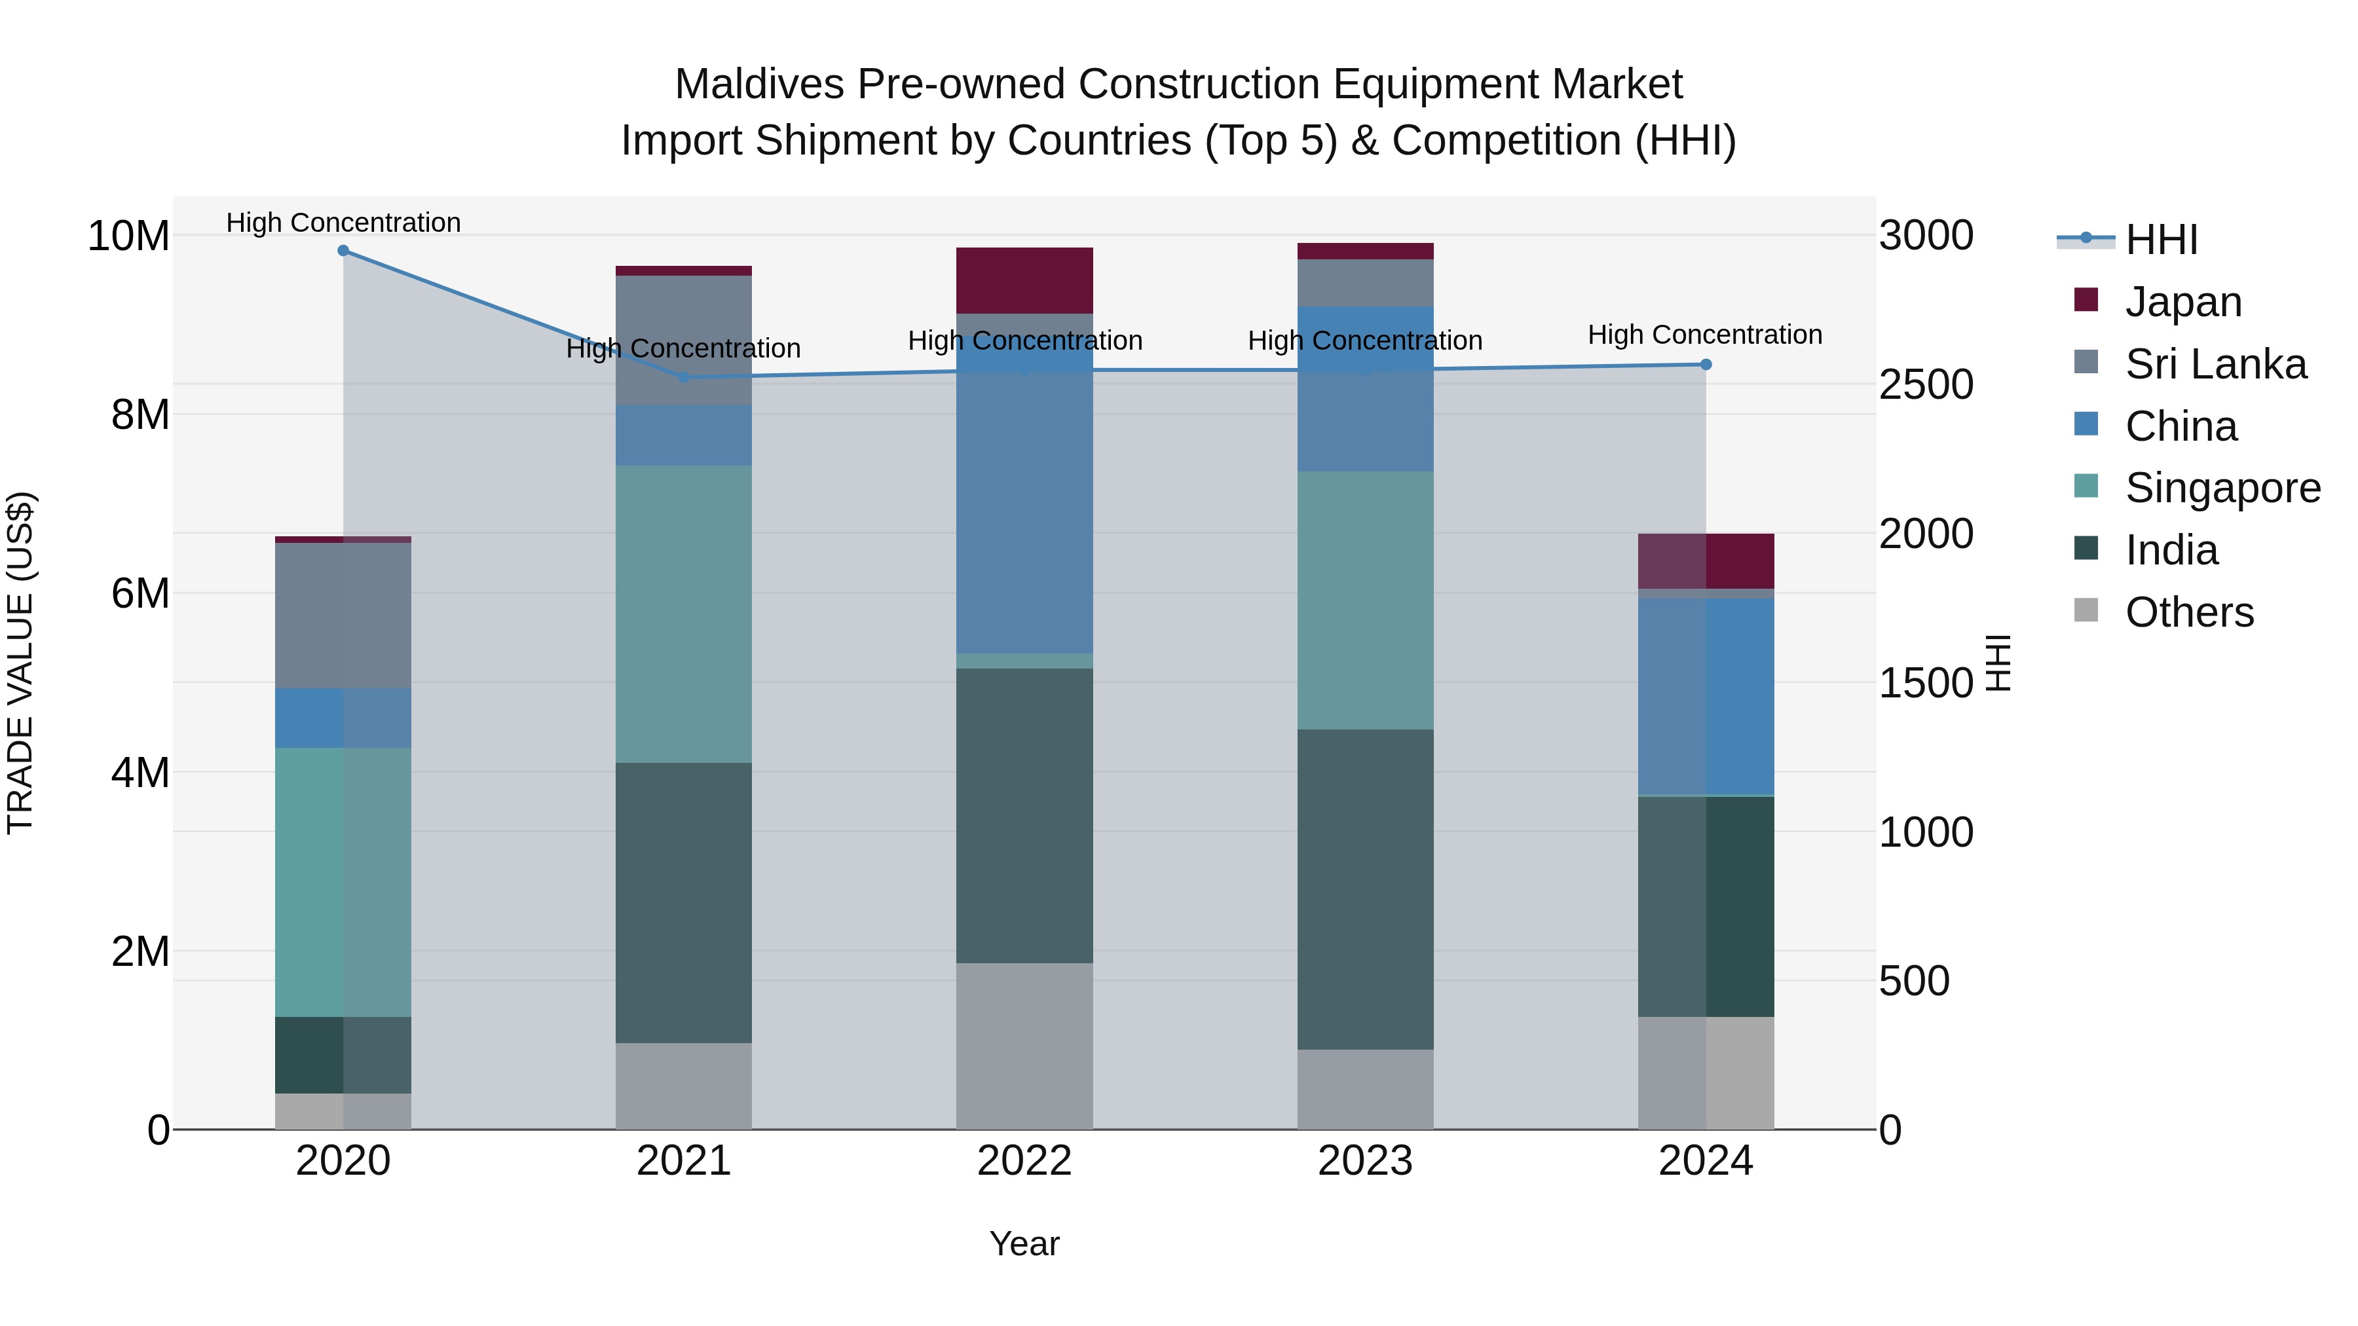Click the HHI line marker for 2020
[343, 251]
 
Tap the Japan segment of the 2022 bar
[1024, 281]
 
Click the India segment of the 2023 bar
[1365, 889]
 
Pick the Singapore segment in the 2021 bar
[684, 614]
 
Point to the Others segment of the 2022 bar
[1024, 1046]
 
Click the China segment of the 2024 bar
[1706, 697]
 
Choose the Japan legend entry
[2182, 302]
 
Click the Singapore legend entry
[2222, 488]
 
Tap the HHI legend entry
[2160, 240]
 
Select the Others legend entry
[2188, 612]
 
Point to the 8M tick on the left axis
[140, 414]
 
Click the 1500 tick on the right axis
[1925, 683]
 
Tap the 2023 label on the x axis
[1365, 1161]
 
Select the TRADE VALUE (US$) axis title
[20, 663]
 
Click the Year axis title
[1024, 1243]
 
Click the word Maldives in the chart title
[759, 84]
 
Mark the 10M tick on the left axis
[128, 236]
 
